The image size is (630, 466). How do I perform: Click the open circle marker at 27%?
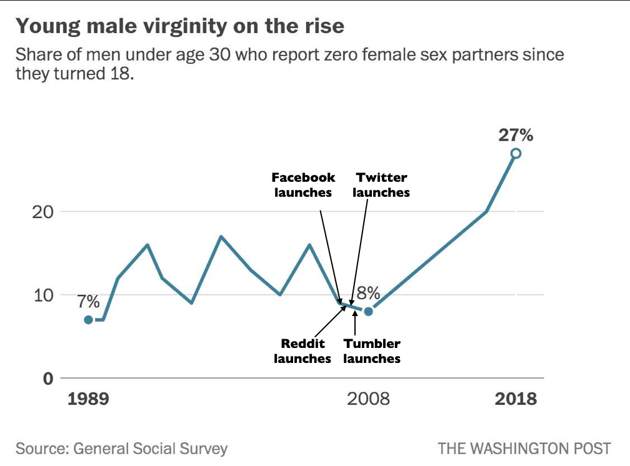tap(516, 153)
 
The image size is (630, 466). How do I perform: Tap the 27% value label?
tap(516, 135)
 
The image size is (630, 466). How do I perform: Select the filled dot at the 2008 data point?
tap(369, 311)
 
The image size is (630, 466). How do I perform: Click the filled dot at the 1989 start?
tap(88, 320)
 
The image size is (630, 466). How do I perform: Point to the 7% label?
tap(88, 302)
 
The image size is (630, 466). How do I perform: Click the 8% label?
tap(369, 293)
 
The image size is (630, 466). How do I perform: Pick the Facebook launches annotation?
tap(303, 185)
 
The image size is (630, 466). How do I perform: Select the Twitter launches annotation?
tap(381, 185)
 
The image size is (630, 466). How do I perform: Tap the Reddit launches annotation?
tap(302, 351)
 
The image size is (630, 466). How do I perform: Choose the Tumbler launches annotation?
tap(372, 351)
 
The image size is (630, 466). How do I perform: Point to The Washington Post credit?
tap(524, 449)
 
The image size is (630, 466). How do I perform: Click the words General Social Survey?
tap(150, 449)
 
